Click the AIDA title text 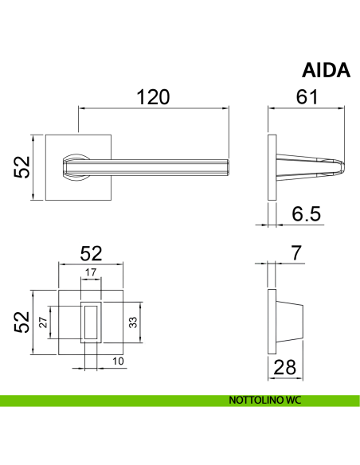pyautogui.click(x=326, y=71)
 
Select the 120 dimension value pyautogui.click(x=153, y=97)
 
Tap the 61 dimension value pyautogui.click(x=307, y=96)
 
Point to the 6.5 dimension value pyautogui.click(x=307, y=214)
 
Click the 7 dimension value pyautogui.click(x=296, y=252)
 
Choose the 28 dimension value pyautogui.click(x=284, y=367)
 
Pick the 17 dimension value pyautogui.click(x=91, y=272)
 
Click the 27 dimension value pyautogui.click(x=43, y=322)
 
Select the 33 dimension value pyautogui.click(x=133, y=322)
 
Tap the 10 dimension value pyautogui.click(x=118, y=361)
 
